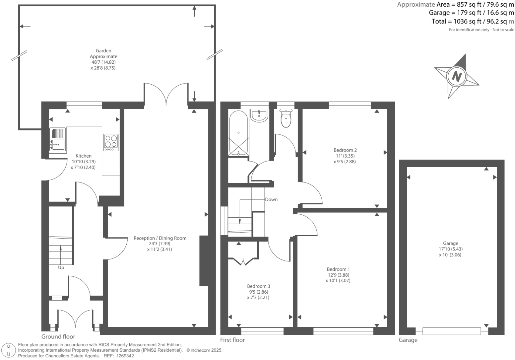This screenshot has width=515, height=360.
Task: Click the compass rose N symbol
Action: (457, 76)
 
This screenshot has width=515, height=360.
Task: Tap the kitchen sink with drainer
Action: (58, 139)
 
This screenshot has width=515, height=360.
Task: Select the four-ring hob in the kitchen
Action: (111, 142)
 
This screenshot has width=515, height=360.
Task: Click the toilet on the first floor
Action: (286, 118)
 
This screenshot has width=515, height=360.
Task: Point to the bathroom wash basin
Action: (259, 116)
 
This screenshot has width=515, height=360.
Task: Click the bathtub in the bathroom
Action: (238, 133)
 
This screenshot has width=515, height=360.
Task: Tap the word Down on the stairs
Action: (271, 199)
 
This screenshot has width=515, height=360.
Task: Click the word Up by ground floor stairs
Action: (61, 267)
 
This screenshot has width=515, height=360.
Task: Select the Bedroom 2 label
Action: (345, 150)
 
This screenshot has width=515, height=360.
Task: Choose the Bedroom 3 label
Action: (258, 286)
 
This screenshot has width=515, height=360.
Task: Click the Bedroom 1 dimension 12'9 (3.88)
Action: (338, 275)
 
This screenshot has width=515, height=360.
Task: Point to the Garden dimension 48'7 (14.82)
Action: (103, 62)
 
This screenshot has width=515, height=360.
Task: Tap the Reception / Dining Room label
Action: (160, 238)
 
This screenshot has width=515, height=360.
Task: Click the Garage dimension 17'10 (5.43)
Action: (450, 249)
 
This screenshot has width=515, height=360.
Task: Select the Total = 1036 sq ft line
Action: (472, 22)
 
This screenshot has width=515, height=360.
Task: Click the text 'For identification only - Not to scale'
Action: (481, 30)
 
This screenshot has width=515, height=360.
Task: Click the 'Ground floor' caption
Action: (58, 336)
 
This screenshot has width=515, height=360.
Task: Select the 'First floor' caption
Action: (232, 340)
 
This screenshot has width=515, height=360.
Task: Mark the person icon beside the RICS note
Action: (9, 350)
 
